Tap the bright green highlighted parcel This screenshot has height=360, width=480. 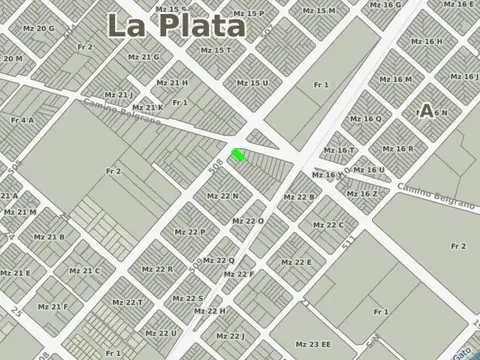coord(238,155)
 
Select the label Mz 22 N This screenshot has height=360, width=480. coord(222,196)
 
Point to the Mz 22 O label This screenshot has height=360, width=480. coord(248,221)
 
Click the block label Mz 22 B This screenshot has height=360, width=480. coord(298,197)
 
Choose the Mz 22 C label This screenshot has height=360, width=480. coord(328,225)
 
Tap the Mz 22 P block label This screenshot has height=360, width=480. coord(189,231)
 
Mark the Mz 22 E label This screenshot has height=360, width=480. coord(296,262)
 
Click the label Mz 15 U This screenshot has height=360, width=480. coord(252,83)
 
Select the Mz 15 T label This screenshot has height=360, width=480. coord(215,50)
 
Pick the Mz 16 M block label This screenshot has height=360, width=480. coord(395,79)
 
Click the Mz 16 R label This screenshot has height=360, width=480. coord(397,148)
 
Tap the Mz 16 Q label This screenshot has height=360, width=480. coord(366,119)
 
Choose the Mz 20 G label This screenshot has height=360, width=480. coord(38,28)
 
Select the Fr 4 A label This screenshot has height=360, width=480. coord(22,120)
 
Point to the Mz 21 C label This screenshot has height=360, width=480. coord(84,270)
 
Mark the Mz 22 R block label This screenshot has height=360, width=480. coord(157,268)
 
